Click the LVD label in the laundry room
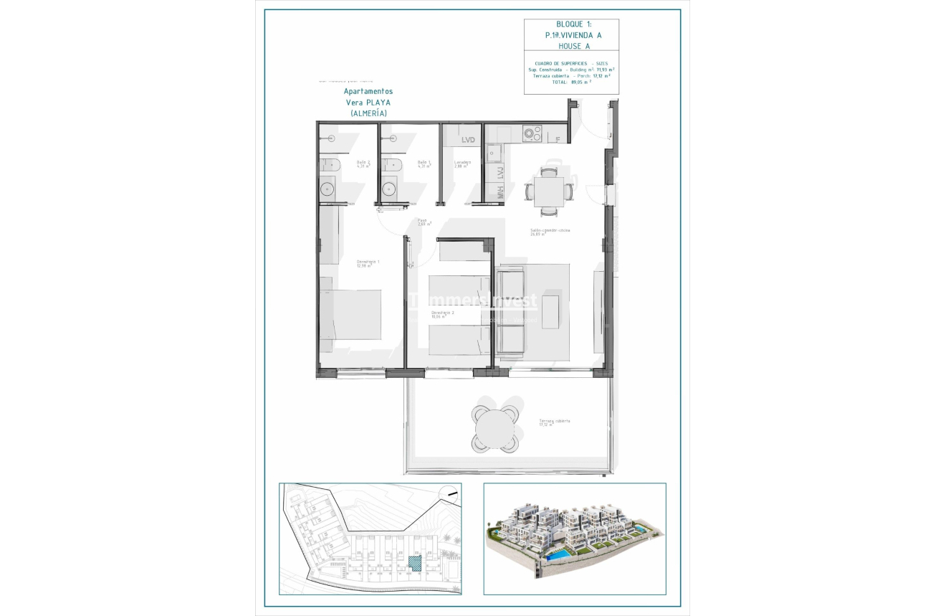click(x=469, y=139)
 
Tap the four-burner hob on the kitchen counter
click(x=532, y=133)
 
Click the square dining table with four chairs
click(x=549, y=191)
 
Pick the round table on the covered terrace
click(x=494, y=429)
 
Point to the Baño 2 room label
click(x=363, y=164)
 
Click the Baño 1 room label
click(x=424, y=164)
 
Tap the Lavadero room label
click(x=462, y=164)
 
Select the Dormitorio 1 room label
click(x=368, y=263)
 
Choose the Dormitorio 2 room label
click(x=442, y=314)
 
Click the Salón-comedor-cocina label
click(x=550, y=232)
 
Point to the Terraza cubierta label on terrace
click(x=555, y=422)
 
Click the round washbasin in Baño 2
click(x=327, y=189)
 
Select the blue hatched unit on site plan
click(x=414, y=563)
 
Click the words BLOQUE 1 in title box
click(x=571, y=24)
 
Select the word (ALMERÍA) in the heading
click(x=368, y=113)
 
